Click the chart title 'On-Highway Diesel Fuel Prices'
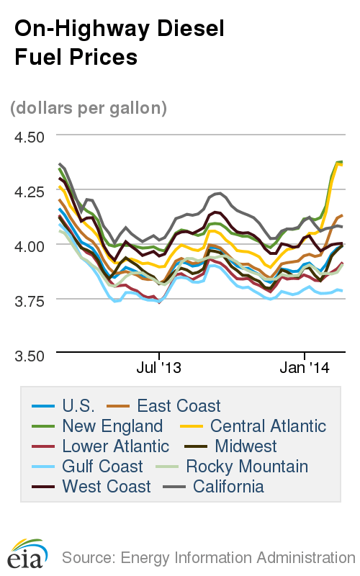pyautogui.click(x=119, y=42)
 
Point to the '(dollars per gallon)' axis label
pyautogui.click(x=89, y=108)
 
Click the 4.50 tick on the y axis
pyautogui.click(x=30, y=136)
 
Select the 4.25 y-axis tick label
pyautogui.click(x=30, y=191)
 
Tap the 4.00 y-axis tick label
pyautogui.click(x=30, y=246)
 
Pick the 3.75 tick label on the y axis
pyautogui.click(x=30, y=300)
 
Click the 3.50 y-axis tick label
pyautogui.click(x=30, y=355)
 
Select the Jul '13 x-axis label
pyautogui.click(x=158, y=368)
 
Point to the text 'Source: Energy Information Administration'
pyautogui.click(x=208, y=557)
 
